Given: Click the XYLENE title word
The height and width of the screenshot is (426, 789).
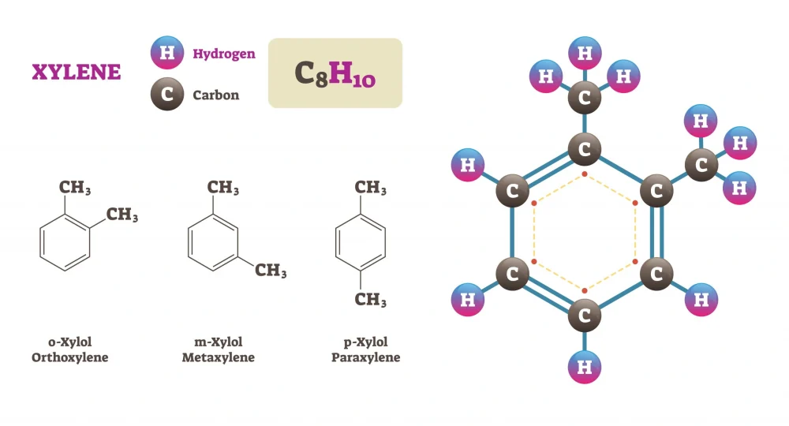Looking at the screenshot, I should coord(76,73).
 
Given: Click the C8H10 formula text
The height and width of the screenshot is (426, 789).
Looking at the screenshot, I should coord(335,73).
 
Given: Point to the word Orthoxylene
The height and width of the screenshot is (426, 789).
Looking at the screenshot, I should coord(70,357).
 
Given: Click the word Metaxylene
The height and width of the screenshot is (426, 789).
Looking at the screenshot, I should coord(219,357).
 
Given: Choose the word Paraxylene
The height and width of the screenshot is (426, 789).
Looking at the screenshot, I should coord(366,357).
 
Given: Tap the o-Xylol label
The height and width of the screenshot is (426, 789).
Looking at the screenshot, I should coord(70,342).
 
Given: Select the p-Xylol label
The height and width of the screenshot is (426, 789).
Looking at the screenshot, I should coord(366,342).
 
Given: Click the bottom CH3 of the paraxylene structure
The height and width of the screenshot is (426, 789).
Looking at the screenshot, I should coord(370,300).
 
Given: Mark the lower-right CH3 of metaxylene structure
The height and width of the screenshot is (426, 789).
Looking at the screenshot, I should coord(271,271).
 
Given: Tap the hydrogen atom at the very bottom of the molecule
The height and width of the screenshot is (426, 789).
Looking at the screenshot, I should coord(585,367).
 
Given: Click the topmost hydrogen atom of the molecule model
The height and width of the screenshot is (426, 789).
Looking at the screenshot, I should coord(585,54).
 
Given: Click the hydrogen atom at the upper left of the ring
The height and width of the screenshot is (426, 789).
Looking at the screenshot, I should coord(468,165).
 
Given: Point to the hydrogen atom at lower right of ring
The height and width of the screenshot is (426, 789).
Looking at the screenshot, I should coord(701,300).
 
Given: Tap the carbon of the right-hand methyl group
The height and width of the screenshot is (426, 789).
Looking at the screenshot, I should coord(701,165).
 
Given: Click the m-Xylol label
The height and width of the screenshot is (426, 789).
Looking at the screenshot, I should coord(219,342).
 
